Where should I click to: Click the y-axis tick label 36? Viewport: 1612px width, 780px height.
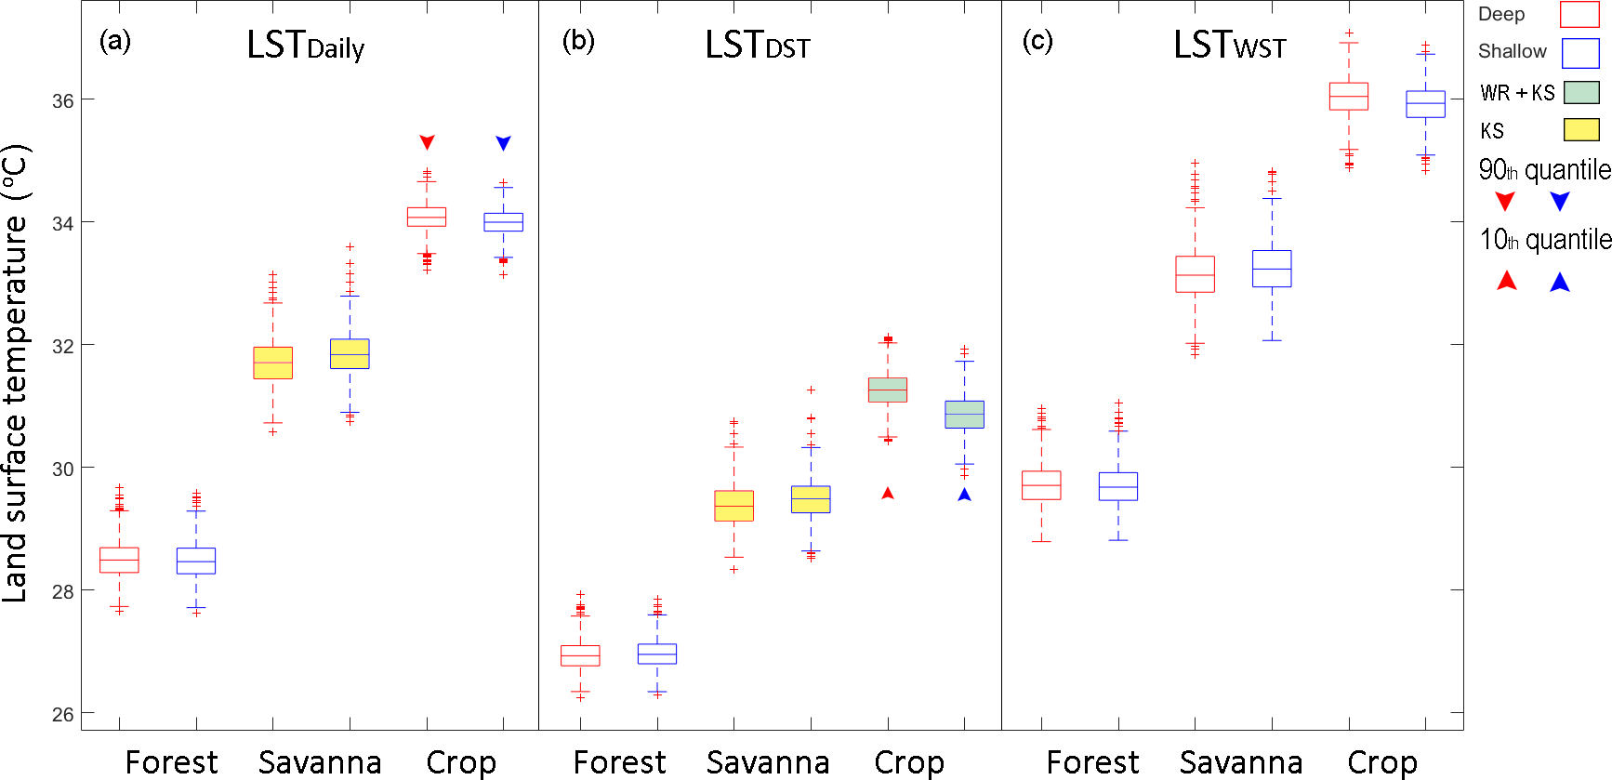point(62,100)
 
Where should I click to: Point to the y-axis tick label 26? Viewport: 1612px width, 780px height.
point(62,714)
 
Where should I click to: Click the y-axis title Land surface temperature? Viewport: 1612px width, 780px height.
point(17,372)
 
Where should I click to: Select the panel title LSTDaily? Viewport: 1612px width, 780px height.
point(305,46)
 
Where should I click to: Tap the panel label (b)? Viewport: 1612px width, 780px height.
point(578,41)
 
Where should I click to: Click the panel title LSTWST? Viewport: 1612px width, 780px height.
point(1229,46)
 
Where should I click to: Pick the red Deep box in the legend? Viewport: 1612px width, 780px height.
point(1579,14)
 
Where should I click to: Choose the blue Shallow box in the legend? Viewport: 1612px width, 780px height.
point(1579,53)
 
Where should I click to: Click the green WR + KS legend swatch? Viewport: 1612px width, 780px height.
point(1581,92)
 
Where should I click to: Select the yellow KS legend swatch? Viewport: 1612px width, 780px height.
point(1581,129)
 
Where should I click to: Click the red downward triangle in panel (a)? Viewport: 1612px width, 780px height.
point(427,142)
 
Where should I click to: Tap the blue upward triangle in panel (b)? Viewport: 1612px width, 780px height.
point(964,495)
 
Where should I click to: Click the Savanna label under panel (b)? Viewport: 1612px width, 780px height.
point(768,762)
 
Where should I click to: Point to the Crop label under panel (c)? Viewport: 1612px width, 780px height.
point(1382,762)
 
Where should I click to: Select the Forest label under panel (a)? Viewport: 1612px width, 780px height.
point(171,762)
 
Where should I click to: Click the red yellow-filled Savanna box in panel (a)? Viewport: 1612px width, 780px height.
point(272,363)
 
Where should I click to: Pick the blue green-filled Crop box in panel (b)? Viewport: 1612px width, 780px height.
point(964,414)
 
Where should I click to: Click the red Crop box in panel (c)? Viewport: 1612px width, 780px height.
point(1348,96)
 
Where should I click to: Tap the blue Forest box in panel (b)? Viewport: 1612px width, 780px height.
point(657,654)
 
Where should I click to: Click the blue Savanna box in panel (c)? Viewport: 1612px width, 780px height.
point(1272,269)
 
